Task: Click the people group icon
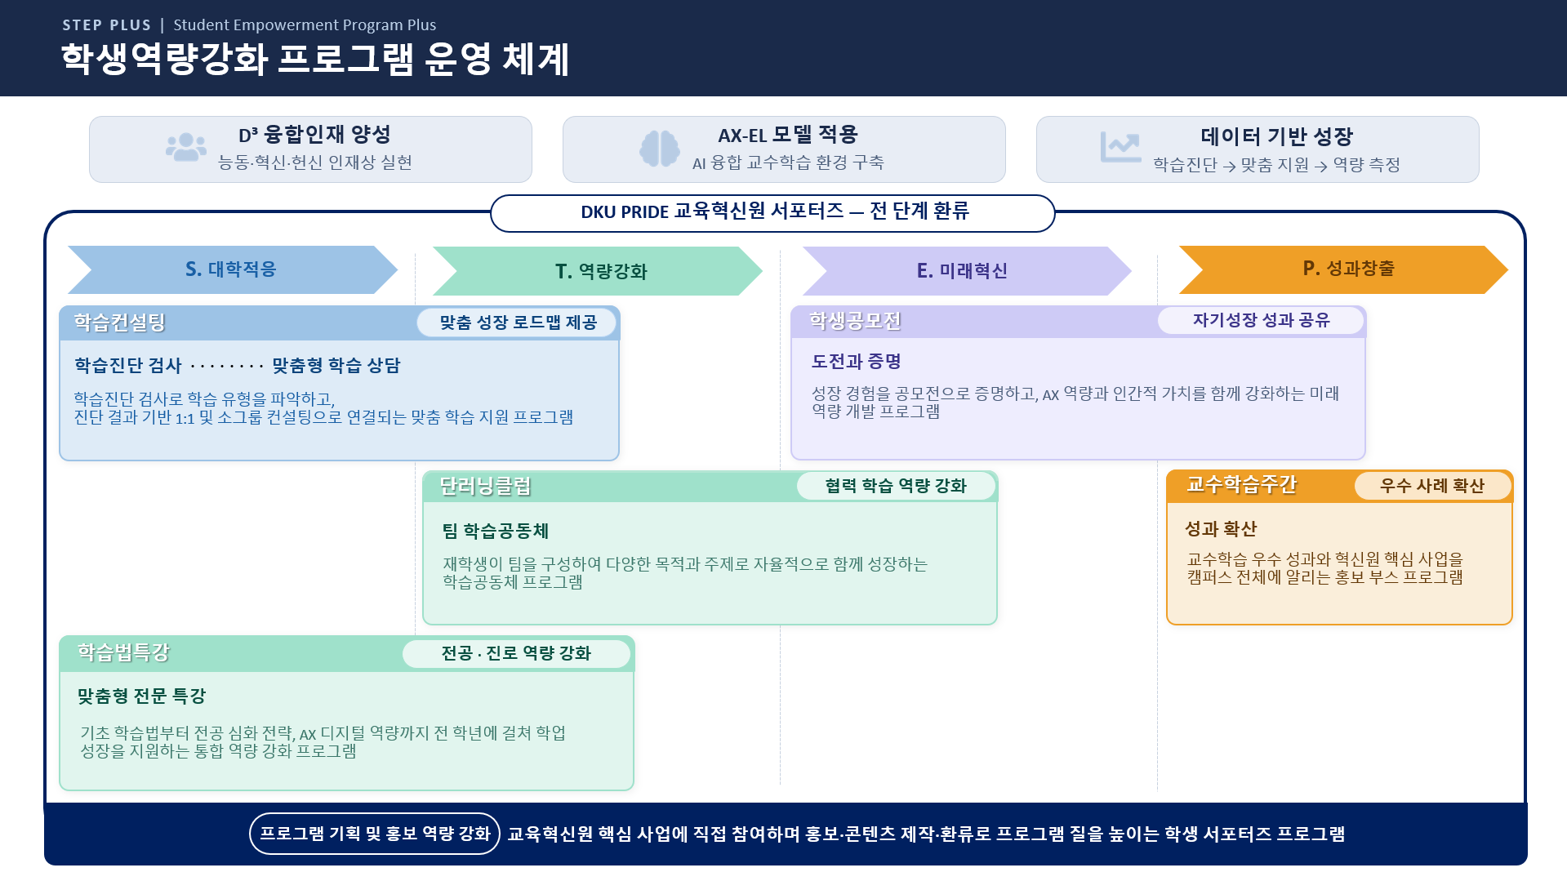pyautogui.click(x=186, y=148)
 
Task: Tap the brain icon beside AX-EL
pyautogui.click(x=660, y=149)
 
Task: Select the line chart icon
pyautogui.click(x=1120, y=148)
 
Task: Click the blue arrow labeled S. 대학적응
pyautogui.click(x=232, y=269)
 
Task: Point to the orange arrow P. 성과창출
pyautogui.click(x=1343, y=269)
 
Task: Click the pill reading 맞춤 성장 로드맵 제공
pyautogui.click(x=518, y=323)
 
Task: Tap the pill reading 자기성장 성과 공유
pyautogui.click(x=1261, y=320)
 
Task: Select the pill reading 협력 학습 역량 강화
pyautogui.click(x=896, y=486)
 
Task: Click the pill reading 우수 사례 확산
pyautogui.click(x=1432, y=486)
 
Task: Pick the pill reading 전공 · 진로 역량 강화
pyautogui.click(x=516, y=653)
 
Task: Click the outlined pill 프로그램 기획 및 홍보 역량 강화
pyautogui.click(x=375, y=834)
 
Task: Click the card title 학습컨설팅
pyautogui.click(x=120, y=323)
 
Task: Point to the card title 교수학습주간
pyautogui.click(x=1241, y=485)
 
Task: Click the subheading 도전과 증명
pyautogui.click(x=856, y=361)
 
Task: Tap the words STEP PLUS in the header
pyautogui.click(x=107, y=25)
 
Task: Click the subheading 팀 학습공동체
pyautogui.click(x=496, y=532)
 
